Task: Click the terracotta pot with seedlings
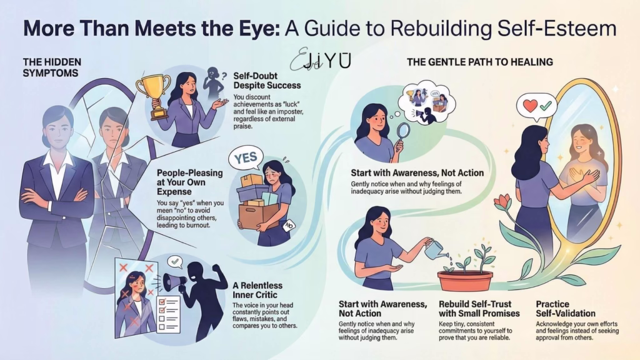[x=464, y=279]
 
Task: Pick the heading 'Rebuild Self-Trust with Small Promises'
[x=476, y=308]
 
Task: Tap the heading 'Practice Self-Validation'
[x=566, y=308]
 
